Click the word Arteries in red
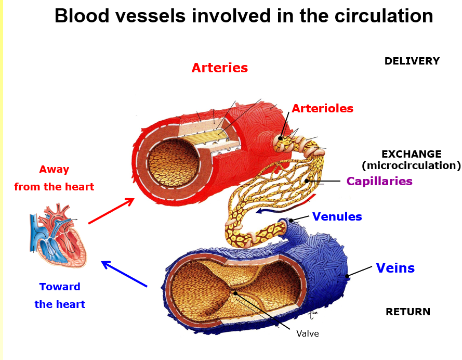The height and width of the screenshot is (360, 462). pyautogui.click(x=219, y=68)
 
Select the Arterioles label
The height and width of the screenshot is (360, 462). pyautogui.click(x=322, y=109)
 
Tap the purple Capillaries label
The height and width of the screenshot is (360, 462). pyautogui.click(x=379, y=182)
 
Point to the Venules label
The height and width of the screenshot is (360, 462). pyautogui.click(x=337, y=217)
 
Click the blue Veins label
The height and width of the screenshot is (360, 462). pyautogui.click(x=395, y=268)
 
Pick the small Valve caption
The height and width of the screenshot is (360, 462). pyautogui.click(x=307, y=334)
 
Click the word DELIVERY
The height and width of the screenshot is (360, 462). pyautogui.click(x=412, y=61)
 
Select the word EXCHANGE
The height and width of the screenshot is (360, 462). pyautogui.click(x=411, y=155)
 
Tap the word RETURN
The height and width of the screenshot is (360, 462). pyautogui.click(x=407, y=312)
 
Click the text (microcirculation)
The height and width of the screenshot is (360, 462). pyautogui.click(x=411, y=166)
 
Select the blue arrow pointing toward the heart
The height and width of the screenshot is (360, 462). pyautogui.click(x=124, y=274)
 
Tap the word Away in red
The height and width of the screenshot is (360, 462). pyautogui.click(x=54, y=170)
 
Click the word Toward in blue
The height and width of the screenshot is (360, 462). pyautogui.click(x=60, y=287)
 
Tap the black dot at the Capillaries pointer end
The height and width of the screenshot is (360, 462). pyautogui.click(x=307, y=181)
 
